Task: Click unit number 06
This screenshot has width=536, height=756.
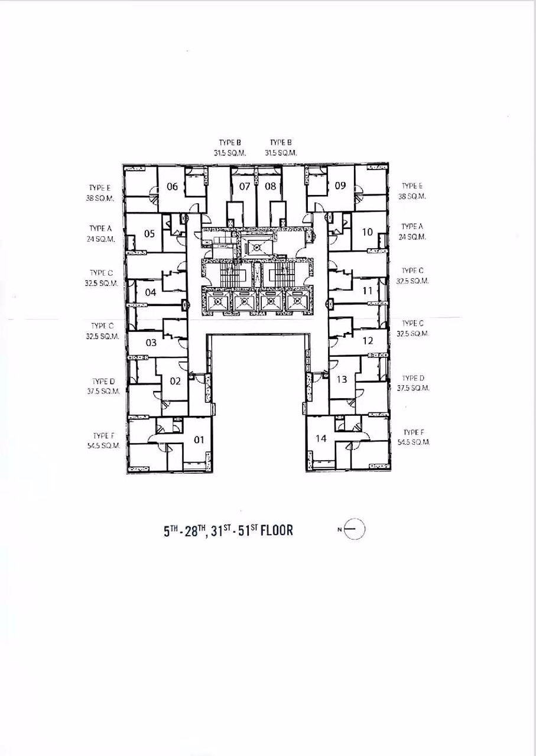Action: (172, 186)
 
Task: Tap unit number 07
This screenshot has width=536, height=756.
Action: (245, 186)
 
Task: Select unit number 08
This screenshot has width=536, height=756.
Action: (270, 186)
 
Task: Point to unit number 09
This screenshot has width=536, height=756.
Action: (340, 185)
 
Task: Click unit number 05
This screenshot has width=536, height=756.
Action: (150, 233)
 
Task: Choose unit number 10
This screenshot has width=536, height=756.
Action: (367, 232)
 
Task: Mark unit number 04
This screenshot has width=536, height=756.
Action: (151, 292)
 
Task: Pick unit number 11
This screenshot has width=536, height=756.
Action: (367, 291)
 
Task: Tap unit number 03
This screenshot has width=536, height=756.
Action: (151, 343)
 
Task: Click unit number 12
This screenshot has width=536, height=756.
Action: (368, 341)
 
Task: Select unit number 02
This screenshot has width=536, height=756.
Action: (175, 382)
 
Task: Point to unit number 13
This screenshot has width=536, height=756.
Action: (342, 379)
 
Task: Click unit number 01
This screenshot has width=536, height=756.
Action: (199, 440)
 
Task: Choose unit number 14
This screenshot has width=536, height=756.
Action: (321, 438)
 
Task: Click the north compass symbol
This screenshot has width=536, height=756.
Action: (354, 529)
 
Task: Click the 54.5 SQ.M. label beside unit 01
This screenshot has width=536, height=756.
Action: (103, 445)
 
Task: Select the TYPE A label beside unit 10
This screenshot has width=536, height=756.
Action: (412, 226)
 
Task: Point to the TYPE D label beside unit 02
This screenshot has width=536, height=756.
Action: (103, 382)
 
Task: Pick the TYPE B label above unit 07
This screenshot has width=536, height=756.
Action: (230, 143)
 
